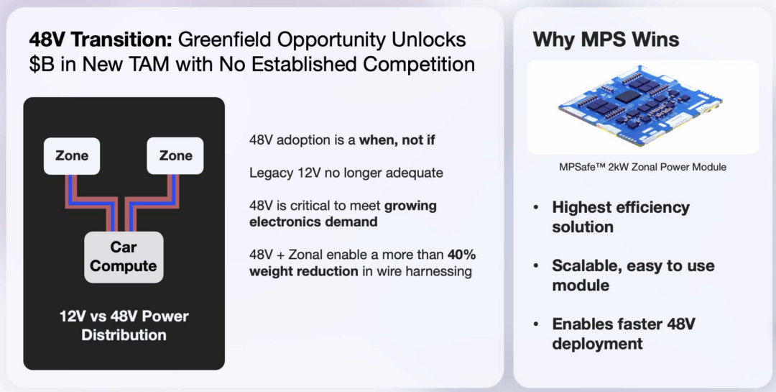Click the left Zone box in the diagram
pos(72,156)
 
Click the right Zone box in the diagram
pos(175,156)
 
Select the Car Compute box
pos(124,257)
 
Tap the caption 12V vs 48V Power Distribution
pos(124,326)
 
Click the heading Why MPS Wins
pos(606,39)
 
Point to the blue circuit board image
pos(640,106)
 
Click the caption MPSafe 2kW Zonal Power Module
pos(642,167)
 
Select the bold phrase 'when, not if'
pos(397,140)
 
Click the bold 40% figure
pos(462,255)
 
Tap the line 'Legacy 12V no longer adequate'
pos(346,173)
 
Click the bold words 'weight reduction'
pos(304,272)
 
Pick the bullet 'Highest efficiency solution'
pos(621,216)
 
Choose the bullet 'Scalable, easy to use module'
pos(633,275)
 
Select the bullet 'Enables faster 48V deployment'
pos(624,334)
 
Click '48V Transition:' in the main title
pos(101,39)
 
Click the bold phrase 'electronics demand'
pos(313,222)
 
